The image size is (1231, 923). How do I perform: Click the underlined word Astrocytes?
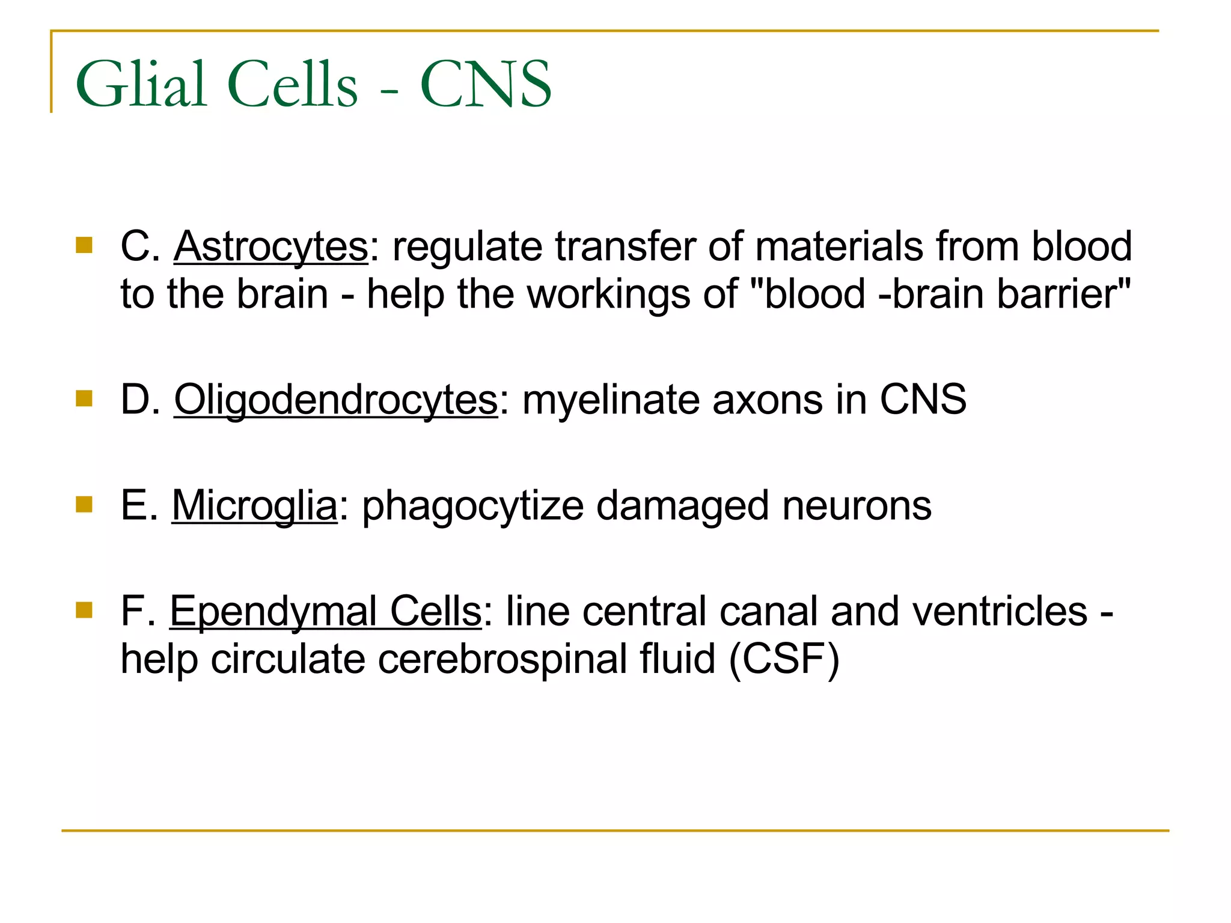[x=270, y=246]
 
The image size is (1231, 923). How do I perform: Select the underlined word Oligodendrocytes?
[x=336, y=400]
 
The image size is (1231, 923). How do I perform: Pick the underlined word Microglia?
[x=255, y=505]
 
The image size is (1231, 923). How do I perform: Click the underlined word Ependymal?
[x=273, y=611]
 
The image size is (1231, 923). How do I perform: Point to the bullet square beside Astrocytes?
[x=84, y=245]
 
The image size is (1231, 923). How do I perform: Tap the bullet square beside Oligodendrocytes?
[x=84, y=398]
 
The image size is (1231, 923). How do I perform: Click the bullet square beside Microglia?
[x=84, y=504]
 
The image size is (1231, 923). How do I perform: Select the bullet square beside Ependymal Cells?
[x=84, y=610]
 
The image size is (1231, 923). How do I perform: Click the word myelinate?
[x=611, y=400]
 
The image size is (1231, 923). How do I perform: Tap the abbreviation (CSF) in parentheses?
[x=784, y=659]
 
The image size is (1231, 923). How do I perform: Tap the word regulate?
[x=467, y=246]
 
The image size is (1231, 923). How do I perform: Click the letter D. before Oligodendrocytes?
[x=140, y=400]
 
